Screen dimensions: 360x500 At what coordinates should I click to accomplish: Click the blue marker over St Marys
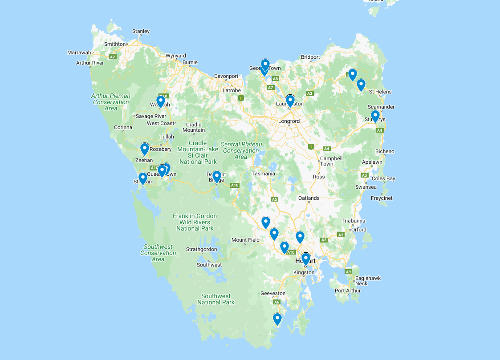(375, 116)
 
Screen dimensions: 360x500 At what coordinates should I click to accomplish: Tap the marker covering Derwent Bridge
(217, 176)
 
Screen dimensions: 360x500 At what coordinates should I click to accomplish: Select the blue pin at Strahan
(143, 178)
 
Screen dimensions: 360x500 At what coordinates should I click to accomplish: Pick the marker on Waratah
(161, 101)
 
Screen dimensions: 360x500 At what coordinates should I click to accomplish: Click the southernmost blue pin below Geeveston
(277, 319)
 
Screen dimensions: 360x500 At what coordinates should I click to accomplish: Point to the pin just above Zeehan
(145, 149)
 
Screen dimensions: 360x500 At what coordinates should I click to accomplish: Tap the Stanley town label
(141, 32)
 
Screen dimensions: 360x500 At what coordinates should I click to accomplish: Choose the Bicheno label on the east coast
(385, 151)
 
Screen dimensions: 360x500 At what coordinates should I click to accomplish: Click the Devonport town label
(226, 76)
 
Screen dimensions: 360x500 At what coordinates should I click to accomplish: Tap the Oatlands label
(309, 198)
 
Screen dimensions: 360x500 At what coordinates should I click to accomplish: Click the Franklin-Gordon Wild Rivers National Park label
(195, 222)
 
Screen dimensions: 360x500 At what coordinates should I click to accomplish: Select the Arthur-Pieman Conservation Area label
(111, 102)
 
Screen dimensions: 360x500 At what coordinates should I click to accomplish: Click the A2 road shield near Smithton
(112, 57)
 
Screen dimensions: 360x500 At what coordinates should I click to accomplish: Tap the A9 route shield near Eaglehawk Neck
(349, 272)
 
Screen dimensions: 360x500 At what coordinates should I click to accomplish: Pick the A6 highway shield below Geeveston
(276, 303)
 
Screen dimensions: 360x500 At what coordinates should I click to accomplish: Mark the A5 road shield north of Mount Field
(274, 199)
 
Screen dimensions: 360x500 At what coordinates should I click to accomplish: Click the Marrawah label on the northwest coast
(79, 53)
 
